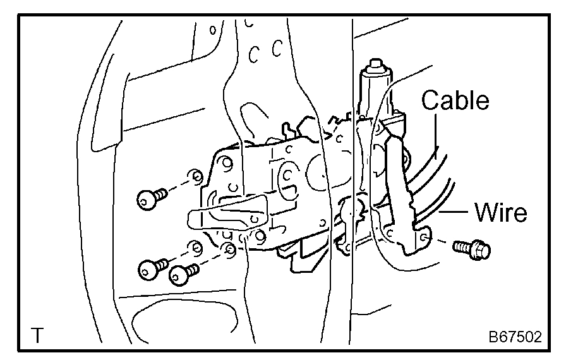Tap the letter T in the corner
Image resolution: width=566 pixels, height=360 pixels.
click(39, 334)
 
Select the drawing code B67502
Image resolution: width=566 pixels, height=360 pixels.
click(514, 336)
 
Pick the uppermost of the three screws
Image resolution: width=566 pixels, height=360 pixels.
click(152, 197)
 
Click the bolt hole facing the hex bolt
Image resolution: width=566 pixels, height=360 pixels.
click(424, 237)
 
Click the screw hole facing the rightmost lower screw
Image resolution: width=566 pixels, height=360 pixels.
click(230, 248)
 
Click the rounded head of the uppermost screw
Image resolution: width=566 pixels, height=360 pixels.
click(145, 200)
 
